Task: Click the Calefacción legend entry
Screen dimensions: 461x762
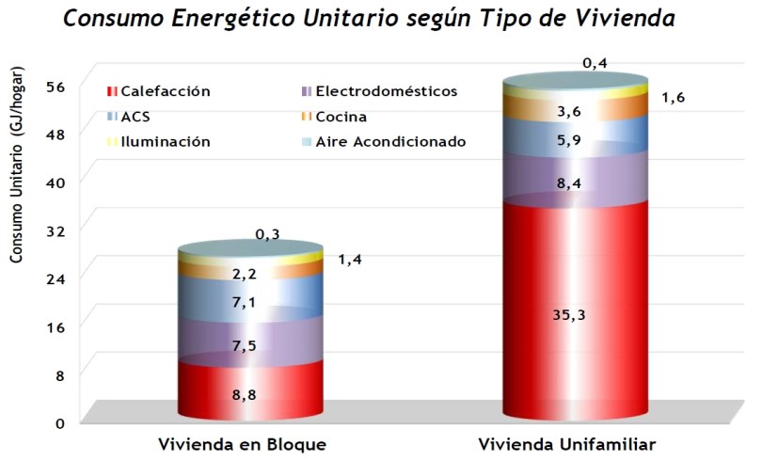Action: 160,91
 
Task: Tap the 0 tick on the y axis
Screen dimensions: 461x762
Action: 59,422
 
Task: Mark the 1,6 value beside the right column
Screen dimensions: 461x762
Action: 673,98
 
